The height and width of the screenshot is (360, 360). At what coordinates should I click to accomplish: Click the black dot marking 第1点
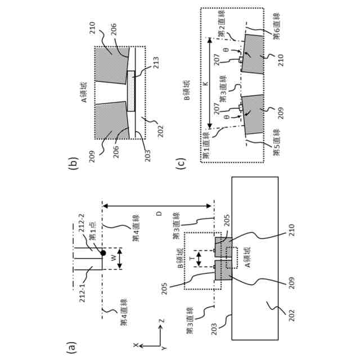[x=104, y=253]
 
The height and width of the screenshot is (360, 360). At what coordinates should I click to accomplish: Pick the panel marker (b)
[x=71, y=163]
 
